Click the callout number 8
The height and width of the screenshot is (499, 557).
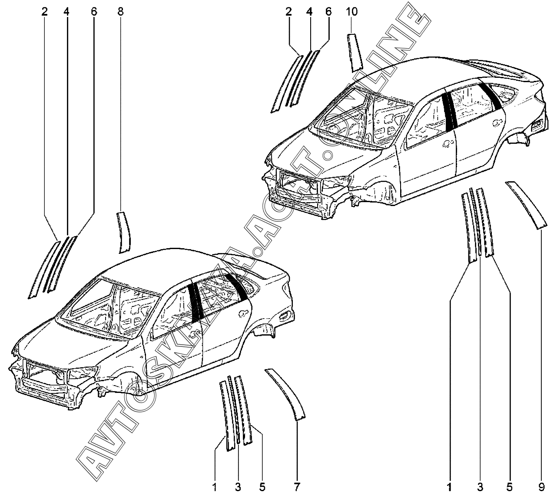click(x=120, y=12)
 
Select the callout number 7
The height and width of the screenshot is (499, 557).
click(x=297, y=487)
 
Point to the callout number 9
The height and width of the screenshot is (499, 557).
click(x=541, y=487)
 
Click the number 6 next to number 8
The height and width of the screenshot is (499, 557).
click(x=94, y=12)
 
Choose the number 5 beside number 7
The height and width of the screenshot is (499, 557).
click(x=262, y=487)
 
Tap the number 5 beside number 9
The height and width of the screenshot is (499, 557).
click(x=509, y=487)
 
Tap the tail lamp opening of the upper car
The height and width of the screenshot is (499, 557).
click(x=537, y=125)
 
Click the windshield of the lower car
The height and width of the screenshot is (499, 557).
click(x=110, y=309)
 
